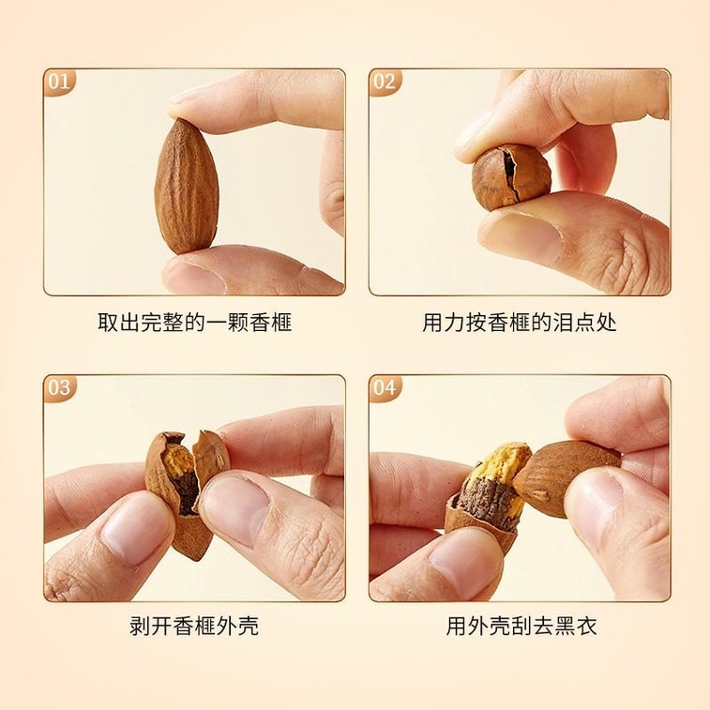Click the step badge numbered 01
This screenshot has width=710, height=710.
tap(59, 82)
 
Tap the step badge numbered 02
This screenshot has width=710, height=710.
tap(385, 82)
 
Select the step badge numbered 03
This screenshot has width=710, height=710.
tap(59, 388)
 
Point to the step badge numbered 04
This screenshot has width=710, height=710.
tap(385, 388)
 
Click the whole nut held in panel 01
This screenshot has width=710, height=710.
tap(186, 186)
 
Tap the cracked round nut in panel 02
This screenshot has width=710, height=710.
tap(511, 177)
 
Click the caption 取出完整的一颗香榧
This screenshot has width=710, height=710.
tap(195, 323)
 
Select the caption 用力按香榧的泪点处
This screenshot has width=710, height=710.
tap(520, 323)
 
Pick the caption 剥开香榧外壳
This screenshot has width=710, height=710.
tap(194, 627)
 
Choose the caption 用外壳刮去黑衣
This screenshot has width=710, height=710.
tap(521, 627)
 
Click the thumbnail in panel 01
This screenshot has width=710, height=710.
tap(195, 276)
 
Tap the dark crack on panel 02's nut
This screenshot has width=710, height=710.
tap(510, 173)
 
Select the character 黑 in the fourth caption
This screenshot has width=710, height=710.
tap(566, 627)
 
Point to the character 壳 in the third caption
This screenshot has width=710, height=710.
tap(249, 627)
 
